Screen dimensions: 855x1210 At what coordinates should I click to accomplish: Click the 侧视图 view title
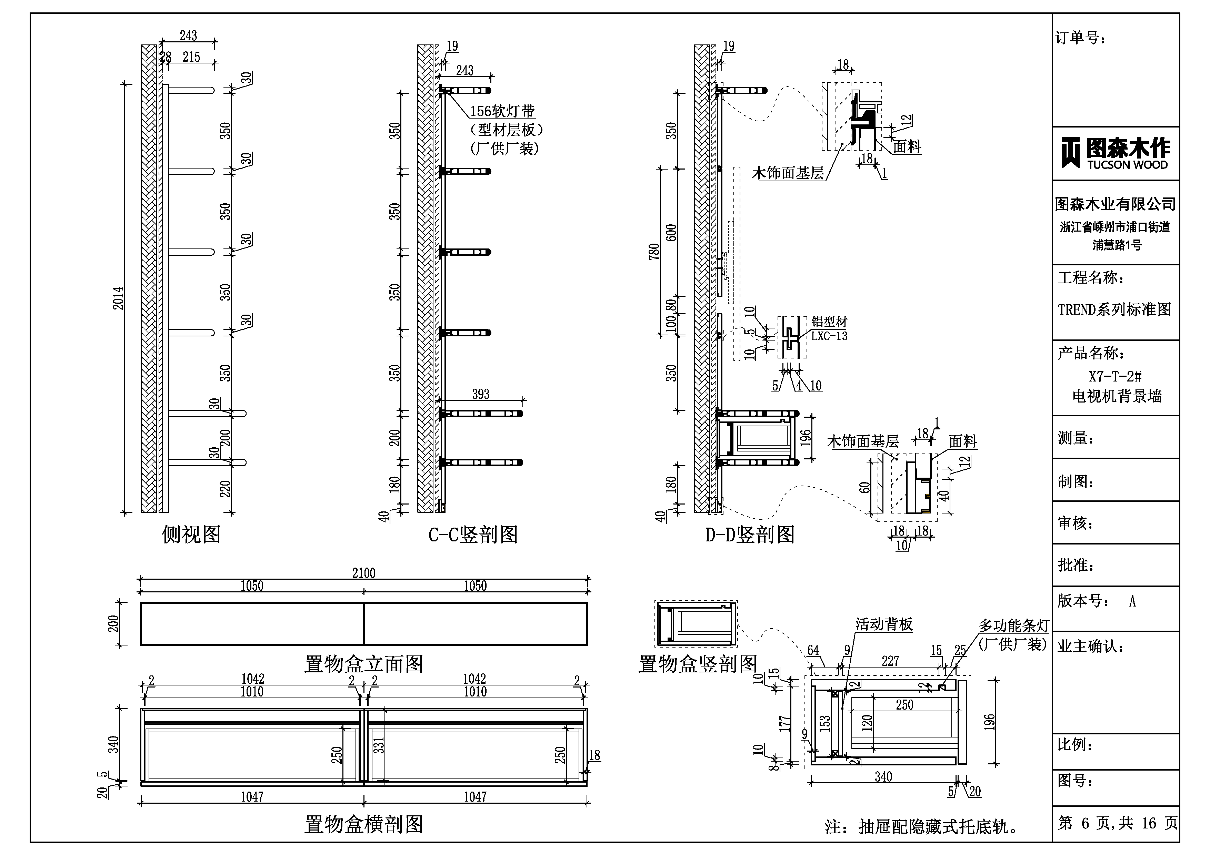[191, 535]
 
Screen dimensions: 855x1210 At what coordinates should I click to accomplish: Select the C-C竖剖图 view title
[473, 535]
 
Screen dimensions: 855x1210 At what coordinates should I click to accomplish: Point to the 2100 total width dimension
[364, 573]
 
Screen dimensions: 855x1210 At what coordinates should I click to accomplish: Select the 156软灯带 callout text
[502, 111]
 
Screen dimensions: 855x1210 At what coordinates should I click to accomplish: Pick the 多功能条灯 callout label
[1014, 626]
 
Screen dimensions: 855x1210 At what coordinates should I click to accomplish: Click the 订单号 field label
[1080, 38]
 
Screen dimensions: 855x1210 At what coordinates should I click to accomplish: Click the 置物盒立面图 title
[364, 664]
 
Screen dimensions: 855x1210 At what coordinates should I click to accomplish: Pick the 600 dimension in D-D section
[671, 232]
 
